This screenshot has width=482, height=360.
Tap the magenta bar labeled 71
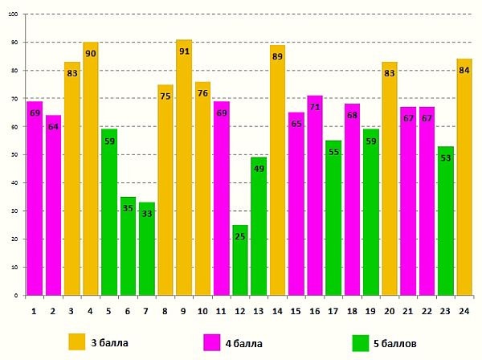click(x=315, y=201)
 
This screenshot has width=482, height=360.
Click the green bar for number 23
click(x=446, y=225)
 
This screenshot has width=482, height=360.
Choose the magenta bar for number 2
click(x=53, y=209)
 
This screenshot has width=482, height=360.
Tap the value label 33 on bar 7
click(x=146, y=214)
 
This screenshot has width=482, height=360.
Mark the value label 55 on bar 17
click(x=333, y=152)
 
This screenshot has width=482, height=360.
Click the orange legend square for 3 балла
click(x=77, y=342)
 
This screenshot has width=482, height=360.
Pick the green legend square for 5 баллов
click(x=361, y=342)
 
